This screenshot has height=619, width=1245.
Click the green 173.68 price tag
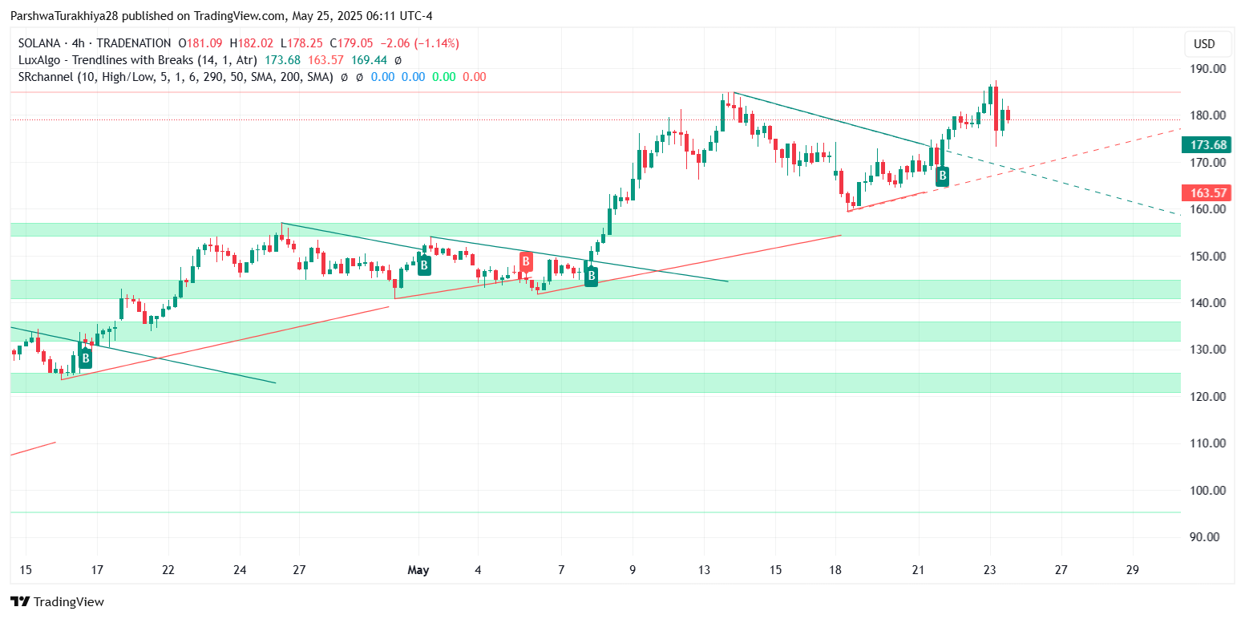1210,145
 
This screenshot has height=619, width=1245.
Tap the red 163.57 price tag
1210,193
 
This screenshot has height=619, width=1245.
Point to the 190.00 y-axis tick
1207,69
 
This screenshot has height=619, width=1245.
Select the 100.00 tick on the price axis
1207,490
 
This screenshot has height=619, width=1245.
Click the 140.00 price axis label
1207,303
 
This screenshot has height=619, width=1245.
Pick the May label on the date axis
418,571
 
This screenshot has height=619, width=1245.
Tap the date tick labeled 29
1132,571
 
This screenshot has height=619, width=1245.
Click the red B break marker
526,261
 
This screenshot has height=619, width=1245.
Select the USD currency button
1204,43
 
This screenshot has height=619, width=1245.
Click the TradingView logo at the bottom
57,601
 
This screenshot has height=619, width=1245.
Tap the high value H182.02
251,43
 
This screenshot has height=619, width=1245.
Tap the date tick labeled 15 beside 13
774,571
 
